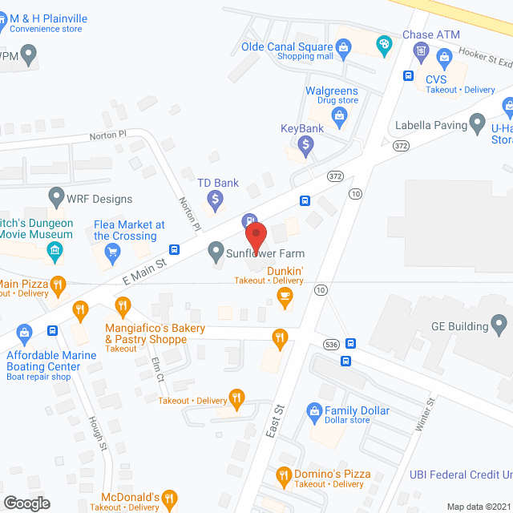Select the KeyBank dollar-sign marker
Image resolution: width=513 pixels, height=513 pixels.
[x=305, y=145]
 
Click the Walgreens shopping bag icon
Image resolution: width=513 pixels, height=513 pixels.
[x=340, y=118]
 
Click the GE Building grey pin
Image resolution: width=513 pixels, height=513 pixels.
[x=499, y=325]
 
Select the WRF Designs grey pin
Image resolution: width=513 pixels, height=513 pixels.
[x=56, y=196]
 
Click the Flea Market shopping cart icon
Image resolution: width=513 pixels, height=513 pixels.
[x=112, y=252]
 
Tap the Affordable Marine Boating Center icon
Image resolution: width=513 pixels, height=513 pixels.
[x=24, y=331]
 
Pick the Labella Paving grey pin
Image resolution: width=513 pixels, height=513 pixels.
[x=478, y=123]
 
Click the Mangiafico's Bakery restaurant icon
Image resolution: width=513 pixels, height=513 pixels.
[x=122, y=305]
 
